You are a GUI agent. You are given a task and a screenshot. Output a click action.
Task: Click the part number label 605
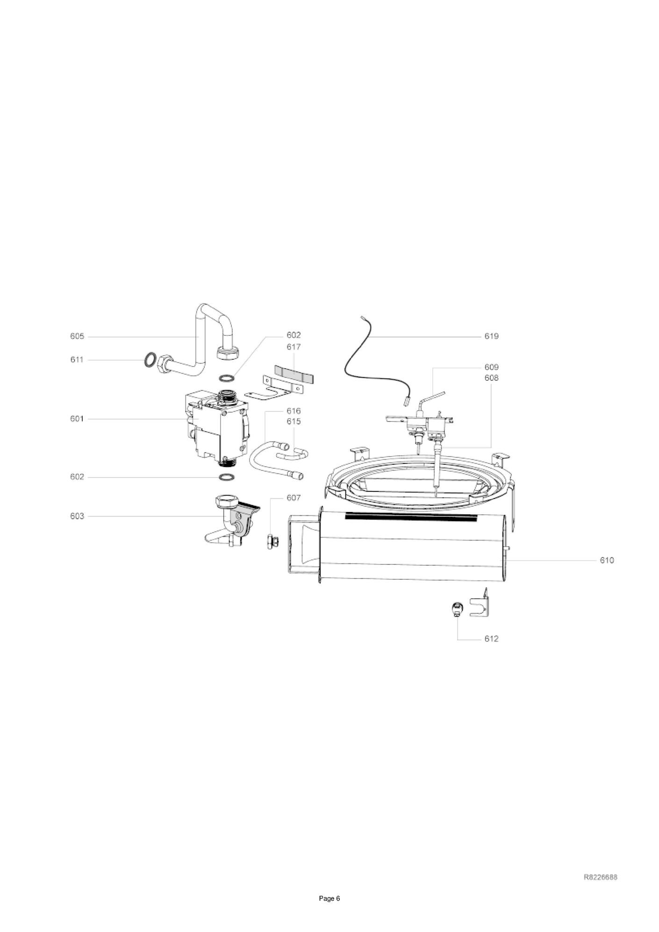pos(77,336)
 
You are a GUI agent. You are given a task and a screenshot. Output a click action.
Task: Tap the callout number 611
pos(77,360)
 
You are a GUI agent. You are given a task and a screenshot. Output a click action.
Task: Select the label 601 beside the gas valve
pos(77,419)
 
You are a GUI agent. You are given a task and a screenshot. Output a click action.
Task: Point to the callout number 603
pos(77,516)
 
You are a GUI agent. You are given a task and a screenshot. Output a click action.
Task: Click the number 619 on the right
pos(492,336)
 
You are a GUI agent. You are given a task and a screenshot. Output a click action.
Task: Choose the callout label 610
pos(607,560)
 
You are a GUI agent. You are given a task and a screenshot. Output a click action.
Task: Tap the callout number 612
pos(492,639)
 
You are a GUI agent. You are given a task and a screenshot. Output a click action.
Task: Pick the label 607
pos(294,498)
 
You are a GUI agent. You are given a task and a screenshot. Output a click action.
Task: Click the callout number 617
pos(294,347)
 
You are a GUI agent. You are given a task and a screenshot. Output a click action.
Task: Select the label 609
pos(492,367)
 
